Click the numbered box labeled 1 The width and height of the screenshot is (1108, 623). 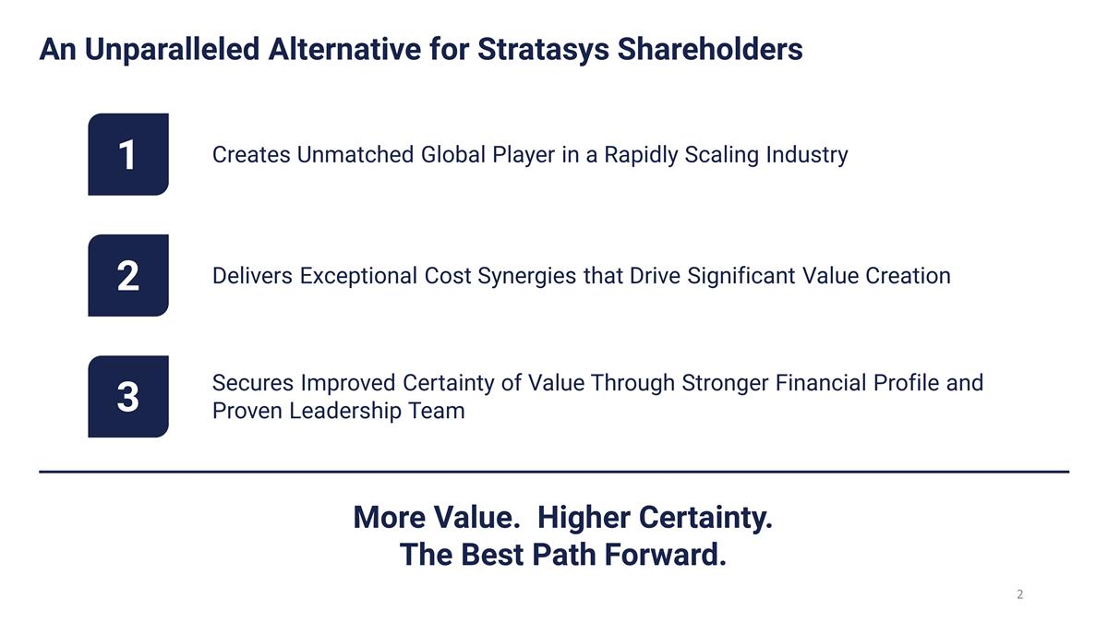[127, 154]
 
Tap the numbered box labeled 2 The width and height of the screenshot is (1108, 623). [127, 275]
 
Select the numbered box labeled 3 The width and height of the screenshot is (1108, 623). [127, 396]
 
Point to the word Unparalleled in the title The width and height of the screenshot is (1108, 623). [172, 49]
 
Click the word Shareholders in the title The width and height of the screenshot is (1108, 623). [709, 49]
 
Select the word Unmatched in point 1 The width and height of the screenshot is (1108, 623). [355, 155]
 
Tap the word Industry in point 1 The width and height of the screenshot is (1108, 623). [806, 155]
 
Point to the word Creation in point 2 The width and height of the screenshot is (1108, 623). [908, 276]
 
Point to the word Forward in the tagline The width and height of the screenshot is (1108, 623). [665, 555]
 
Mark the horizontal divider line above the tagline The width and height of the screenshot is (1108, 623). [554, 472]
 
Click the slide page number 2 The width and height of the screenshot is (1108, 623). [1019, 594]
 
